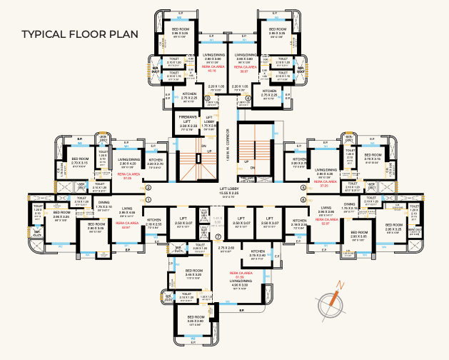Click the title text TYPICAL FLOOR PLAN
(79, 34)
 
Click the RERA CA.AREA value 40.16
(211, 69)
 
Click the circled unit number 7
(218, 236)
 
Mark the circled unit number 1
(148, 200)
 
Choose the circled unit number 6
(303, 200)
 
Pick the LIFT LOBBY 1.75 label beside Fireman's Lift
(209, 123)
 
